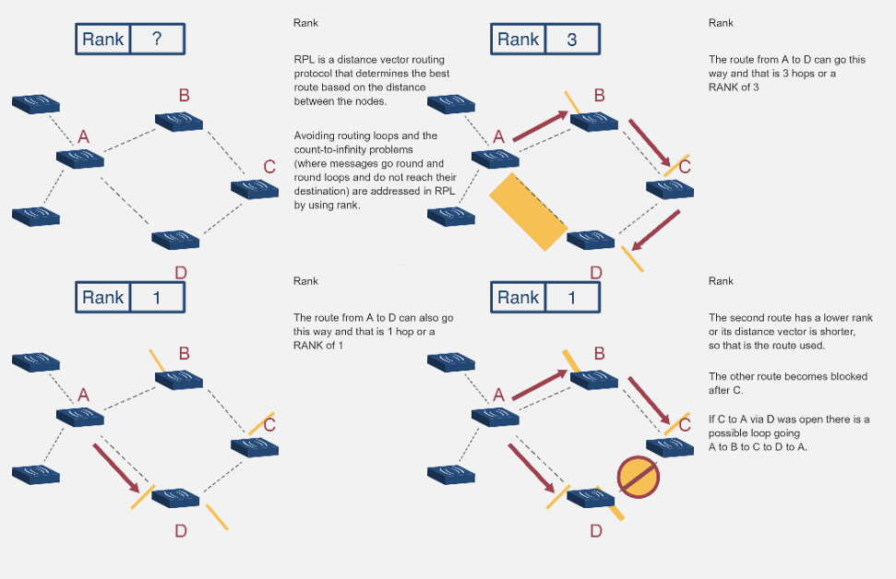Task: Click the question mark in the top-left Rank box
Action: pos(156,39)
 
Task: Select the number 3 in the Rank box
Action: pos(571,39)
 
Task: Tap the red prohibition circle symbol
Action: pos(639,477)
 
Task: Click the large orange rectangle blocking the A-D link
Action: pos(528,212)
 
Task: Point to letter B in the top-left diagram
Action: pos(185,95)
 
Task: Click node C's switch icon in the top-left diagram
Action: pos(255,189)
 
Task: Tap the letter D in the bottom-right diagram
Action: pos(595,531)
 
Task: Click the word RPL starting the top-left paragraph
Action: pos(303,60)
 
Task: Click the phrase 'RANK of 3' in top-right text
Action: pos(734,88)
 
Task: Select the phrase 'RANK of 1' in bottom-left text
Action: pos(318,345)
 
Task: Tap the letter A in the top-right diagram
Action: pos(498,136)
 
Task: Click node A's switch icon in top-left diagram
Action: pos(80,159)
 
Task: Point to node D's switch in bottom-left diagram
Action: pos(175,498)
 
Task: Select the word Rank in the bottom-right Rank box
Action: pos(518,297)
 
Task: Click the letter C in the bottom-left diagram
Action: pos(269,425)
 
